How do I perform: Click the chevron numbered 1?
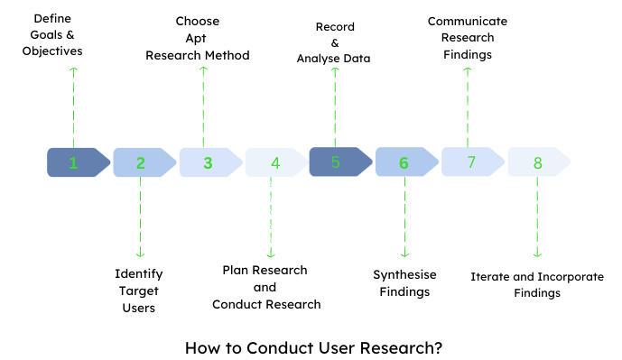[x=77, y=162]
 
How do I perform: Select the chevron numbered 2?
[x=143, y=162]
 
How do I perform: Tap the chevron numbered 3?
[x=209, y=162]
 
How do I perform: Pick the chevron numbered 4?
[x=274, y=162]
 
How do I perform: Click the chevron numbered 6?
[x=405, y=162]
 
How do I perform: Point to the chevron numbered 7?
[x=471, y=162]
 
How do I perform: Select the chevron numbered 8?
[x=538, y=162]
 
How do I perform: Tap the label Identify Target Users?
[x=139, y=290]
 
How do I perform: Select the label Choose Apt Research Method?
[x=198, y=38]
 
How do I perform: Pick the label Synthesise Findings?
[x=404, y=283]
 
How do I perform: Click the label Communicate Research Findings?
[x=468, y=37]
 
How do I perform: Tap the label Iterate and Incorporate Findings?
[x=537, y=283]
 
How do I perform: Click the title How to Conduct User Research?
[x=313, y=346]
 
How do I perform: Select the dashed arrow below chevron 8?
[x=538, y=217]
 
